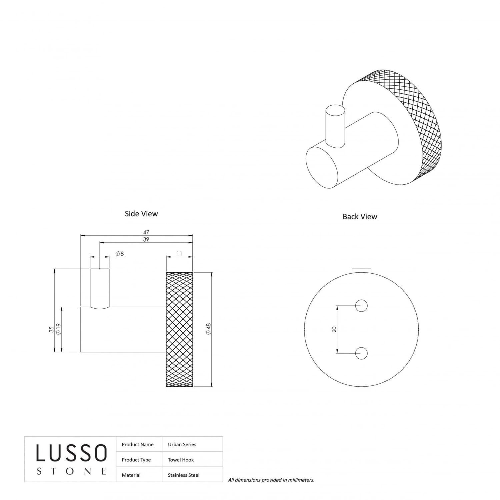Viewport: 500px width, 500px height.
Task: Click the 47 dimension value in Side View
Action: pyautogui.click(x=146, y=232)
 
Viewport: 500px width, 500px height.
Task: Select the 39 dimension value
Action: pyautogui.click(x=146, y=239)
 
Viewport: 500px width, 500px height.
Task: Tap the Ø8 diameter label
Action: pyautogui.click(x=120, y=254)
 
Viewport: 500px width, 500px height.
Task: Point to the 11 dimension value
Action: pyautogui.click(x=179, y=254)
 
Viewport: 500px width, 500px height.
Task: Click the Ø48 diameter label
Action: pyautogui.click(x=209, y=329)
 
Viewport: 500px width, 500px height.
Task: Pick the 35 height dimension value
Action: pyautogui.click(x=51, y=329)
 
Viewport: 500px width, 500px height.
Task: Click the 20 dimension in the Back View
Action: pyautogui.click(x=334, y=329)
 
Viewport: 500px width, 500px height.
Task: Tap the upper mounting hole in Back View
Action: pyautogui.click(x=361, y=305)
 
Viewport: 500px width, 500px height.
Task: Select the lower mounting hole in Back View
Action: pyautogui.click(x=361, y=353)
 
